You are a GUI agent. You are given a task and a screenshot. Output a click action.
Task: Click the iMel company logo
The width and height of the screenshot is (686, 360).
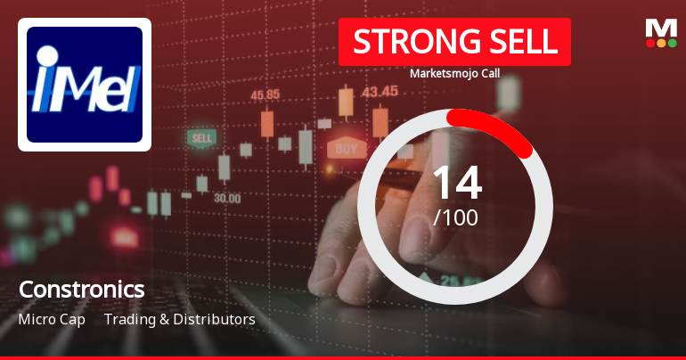(x=85, y=85)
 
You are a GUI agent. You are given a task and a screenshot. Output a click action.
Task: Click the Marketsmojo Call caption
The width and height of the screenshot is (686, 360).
(x=453, y=73)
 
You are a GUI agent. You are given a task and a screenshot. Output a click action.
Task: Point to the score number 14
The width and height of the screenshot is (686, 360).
(x=456, y=183)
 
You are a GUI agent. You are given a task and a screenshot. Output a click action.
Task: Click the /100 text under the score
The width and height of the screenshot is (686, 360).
(x=456, y=217)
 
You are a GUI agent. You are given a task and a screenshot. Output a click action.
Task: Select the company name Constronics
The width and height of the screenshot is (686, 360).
(x=81, y=290)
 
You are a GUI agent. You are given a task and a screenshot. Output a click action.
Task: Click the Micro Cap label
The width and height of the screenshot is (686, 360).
(x=52, y=319)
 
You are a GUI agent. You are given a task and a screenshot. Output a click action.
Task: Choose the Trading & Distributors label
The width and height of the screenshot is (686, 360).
(x=180, y=319)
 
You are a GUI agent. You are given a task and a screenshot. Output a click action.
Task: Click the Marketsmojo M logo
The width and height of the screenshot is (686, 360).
(x=660, y=28)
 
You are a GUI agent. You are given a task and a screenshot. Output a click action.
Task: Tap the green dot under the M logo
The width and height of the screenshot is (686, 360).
(x=649, y=42)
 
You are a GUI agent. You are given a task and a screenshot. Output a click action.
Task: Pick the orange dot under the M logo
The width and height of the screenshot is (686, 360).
(x=660, y=42)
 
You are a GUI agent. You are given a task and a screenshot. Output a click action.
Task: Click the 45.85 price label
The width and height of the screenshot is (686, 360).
(x=265, y=94)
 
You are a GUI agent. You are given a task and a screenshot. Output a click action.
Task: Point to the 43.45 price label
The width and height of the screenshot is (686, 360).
(x=380, y=91)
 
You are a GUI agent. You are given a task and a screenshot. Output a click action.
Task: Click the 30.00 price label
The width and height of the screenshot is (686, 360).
(x=226, y=198)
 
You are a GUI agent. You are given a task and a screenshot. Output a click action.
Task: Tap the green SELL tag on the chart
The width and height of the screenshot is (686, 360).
(x=202, y=139)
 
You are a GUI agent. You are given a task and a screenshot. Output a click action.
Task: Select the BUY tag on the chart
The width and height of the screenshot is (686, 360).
(x=347, y=148)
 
